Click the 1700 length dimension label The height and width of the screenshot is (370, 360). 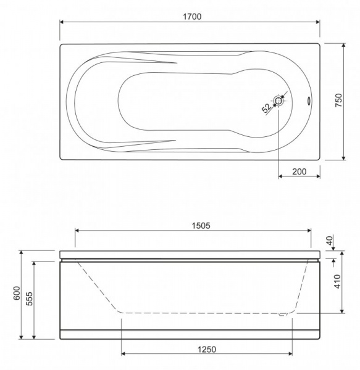tap(192, 17)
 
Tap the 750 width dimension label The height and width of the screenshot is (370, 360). tap(338, 100)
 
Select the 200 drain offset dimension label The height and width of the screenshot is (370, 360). tap(299, 171)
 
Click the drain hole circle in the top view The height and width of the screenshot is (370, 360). tap(279, 101)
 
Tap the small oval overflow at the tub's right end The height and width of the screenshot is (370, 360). tap(309, 101)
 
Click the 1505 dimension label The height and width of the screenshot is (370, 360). tap(201, 226)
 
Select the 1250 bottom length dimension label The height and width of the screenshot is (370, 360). tap(207, 350)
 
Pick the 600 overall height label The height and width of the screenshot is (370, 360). tap(17, 293)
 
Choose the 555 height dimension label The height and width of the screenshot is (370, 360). tap(29, 298)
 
